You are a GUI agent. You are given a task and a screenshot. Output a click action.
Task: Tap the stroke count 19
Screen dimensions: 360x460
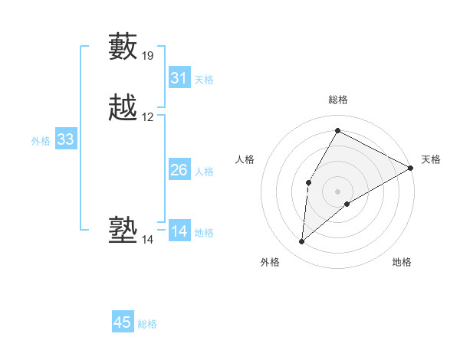tap(148, 55)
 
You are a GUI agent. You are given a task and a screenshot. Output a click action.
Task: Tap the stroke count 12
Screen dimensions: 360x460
tap(148, 117)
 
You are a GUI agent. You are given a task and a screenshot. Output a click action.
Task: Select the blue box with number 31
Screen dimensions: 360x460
tap(179, 78)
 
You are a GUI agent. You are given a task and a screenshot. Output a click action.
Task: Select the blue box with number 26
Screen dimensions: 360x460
tap(179, 170)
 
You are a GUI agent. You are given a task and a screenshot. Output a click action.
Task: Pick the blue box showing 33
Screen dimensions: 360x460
tap(66, 139)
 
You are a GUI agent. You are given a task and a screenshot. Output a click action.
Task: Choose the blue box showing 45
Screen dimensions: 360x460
tap(123, 322)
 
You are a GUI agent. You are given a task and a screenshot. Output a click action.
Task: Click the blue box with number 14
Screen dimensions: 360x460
tap(179, 231)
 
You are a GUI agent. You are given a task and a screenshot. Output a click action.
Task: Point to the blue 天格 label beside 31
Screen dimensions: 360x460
tap(204, 80)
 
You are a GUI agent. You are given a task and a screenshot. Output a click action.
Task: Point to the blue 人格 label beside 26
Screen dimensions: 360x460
tap(204, 172)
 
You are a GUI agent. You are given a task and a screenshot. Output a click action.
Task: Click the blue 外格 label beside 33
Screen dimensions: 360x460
tap(41, 141)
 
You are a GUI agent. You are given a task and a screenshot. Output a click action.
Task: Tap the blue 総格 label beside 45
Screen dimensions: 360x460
tap(147, 324)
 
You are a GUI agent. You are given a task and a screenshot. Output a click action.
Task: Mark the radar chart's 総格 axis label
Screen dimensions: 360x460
tap(337, 100)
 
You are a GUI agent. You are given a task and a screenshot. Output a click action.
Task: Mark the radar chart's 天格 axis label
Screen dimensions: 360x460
tap(431, 159)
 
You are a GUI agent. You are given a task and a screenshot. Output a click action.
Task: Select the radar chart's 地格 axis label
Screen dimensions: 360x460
tap(402, 262)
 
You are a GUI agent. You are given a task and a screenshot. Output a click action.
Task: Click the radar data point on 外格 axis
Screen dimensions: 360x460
tap(302, 242)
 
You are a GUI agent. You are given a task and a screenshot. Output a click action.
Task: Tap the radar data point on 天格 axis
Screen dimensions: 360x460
tap(411, 168)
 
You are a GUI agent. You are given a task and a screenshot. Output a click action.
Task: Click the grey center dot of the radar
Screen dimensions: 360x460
tap(337, 191)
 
